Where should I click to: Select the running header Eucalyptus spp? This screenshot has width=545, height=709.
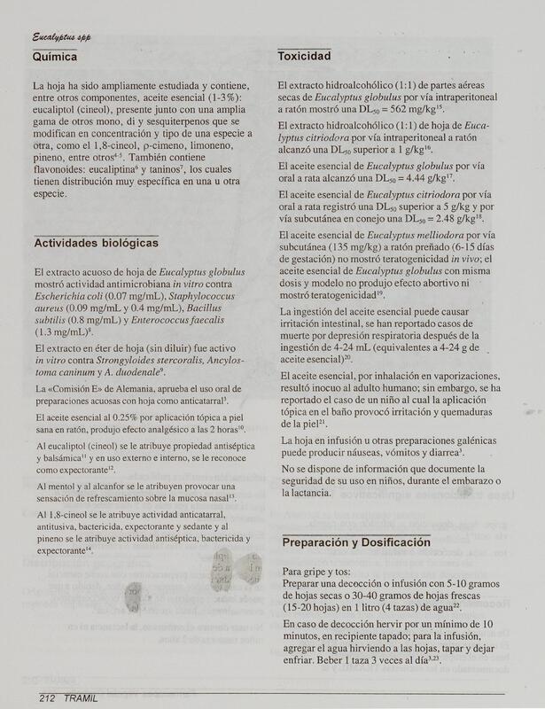point(62,36)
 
